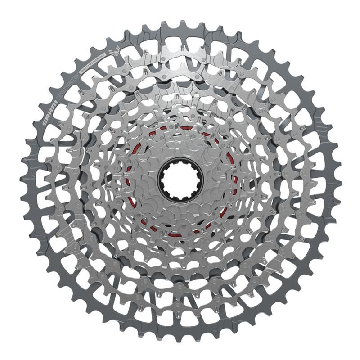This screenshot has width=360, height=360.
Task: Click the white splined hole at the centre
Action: [180, 180]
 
